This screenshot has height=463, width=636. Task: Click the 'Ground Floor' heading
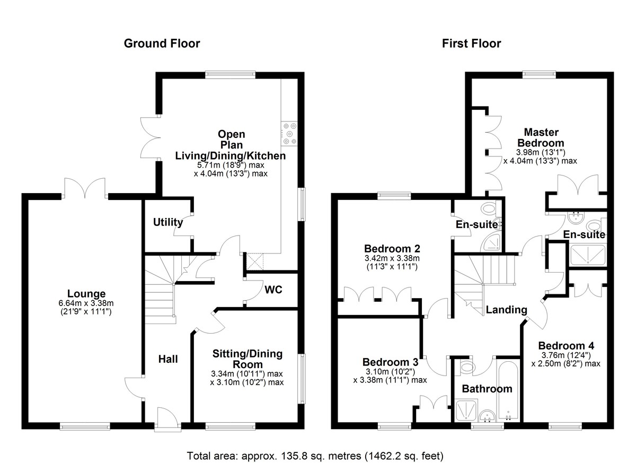tap(162, 43)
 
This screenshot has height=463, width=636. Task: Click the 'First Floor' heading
tap(471, 43)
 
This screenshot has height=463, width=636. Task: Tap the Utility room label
tap(168, 222)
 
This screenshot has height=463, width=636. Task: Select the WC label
tap(273, 290)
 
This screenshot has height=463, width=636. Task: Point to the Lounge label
tap(86, 294)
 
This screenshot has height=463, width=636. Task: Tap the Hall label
tap(168, 359)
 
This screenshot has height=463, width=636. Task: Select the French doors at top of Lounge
tap(85, 188)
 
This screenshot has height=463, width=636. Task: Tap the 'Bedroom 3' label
tap(390, 362)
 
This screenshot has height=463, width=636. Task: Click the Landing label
tap(507, 310)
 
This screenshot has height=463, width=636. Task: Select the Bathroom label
tap(487, 389)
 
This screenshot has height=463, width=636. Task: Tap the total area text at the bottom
tap(315, 455)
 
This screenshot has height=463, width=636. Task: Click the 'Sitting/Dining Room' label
tap(248, 359)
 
